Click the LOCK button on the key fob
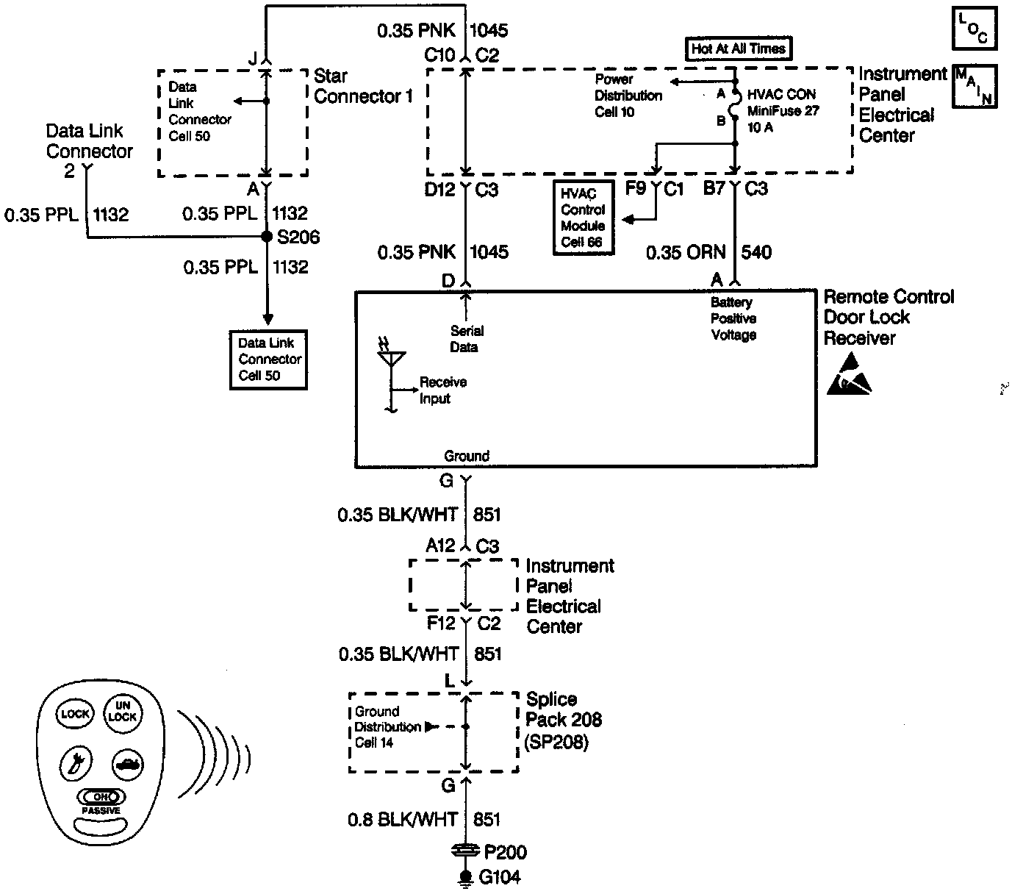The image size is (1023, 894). pos(74,713)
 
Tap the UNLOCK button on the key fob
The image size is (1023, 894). pos(122,711)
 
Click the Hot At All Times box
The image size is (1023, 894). pos(739,49)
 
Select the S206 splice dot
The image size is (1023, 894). pos(268,237)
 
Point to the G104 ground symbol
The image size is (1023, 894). pos(465,877)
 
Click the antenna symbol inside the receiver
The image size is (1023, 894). pos(391,360)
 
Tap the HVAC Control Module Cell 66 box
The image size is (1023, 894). pos(583,218)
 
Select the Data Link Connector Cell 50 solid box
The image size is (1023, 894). pos(268,359)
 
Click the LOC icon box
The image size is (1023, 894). pos(974,29)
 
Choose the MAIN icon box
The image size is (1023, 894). pos(974,86)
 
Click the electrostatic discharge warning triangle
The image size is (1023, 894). pos(850,376)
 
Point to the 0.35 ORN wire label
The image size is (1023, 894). pos(685,253)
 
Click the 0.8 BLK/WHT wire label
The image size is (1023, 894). pos(403,819)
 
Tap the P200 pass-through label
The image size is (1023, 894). pos(505,852)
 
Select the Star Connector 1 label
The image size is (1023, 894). pos(363,86)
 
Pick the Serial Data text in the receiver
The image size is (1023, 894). pos(466,339)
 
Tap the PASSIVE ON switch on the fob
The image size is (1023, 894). pos(101,797)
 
